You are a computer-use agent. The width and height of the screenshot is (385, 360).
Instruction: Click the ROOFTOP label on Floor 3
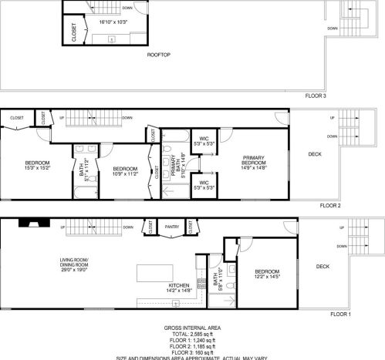point(159,55)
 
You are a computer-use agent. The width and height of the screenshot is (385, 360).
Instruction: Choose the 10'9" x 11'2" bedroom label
point(124,171)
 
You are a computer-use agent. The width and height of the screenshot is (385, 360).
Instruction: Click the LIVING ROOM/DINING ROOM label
point(75,263)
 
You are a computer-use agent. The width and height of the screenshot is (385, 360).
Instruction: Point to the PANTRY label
point(172,227)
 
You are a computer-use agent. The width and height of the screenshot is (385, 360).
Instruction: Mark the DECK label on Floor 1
point(323,267)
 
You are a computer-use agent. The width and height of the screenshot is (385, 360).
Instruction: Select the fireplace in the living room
point(34,225)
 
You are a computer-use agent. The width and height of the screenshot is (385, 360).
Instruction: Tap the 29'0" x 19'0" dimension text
point(75,269)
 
